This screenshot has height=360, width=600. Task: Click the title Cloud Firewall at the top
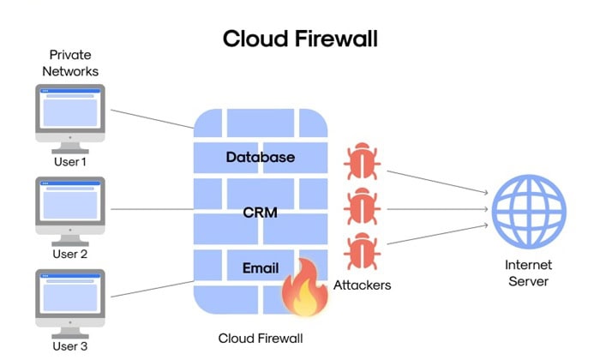(300, 39)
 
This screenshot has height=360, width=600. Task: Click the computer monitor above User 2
(70, 206)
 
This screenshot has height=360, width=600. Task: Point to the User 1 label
(70, 161)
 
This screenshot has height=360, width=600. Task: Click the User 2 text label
(70, 254)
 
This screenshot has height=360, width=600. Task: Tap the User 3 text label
(70, 346)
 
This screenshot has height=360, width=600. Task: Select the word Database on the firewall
(260, 157)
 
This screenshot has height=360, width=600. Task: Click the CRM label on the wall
(260, 212)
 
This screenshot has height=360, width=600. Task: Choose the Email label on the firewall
(260, 268)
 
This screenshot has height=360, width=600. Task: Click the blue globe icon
(528, 208)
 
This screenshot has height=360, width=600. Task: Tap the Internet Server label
(527, 273)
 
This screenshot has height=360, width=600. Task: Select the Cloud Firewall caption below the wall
(260, 338)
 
